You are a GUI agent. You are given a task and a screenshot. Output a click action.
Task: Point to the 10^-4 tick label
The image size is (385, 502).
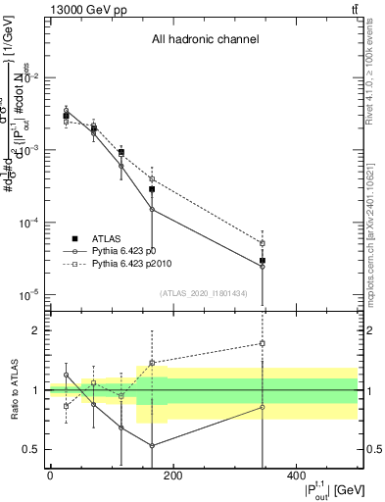coord(26,223)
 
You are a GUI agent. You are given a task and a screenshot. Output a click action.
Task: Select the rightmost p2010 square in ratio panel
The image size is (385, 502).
coord(263,343)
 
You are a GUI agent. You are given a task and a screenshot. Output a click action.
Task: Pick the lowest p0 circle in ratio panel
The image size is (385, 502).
coord(152,445)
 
